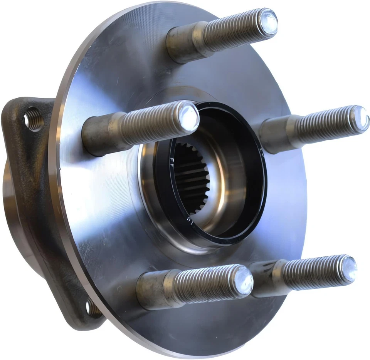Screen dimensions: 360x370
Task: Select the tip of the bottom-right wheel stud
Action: pyautogui.click(x=348, y=268)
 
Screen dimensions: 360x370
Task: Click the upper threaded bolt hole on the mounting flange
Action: pyautogui.click(x=33, y=118)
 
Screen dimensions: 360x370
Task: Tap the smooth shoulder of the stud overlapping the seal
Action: pyautogui.click(x=102, y=133)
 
